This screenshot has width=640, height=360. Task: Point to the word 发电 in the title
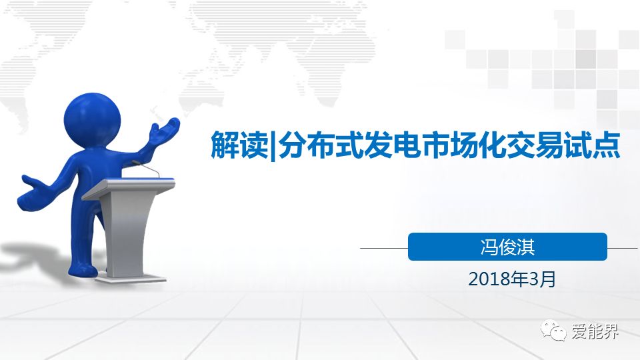pyautogui.click(x=392, y=145)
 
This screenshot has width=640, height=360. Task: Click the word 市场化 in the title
pyautogui.click(x=463, y=145)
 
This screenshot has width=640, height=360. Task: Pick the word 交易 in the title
pyautogui.click(x=535, y=145)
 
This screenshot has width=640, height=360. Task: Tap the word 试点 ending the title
pyautogui.click(x=592, y=145)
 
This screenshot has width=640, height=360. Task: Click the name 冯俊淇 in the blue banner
pyautogui.click(x=507, y=247)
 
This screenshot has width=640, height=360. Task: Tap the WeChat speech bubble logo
pyautogui.click(x=553, y=330)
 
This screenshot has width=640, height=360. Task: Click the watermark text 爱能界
pyautogui.click(x=595, y=331)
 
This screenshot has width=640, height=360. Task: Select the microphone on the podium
pyautogui.click(x=146, y=168)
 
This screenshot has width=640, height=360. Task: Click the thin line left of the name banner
pyautogui.click(x=384, y=248)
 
